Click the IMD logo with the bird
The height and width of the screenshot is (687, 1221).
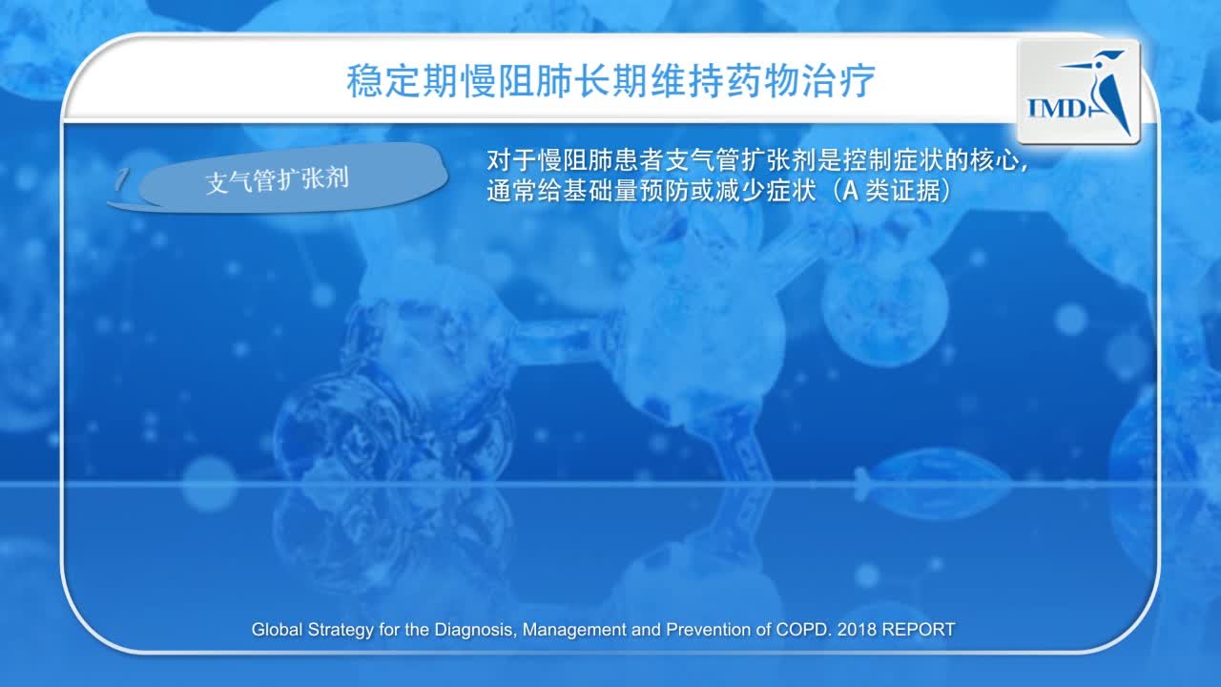(x=1079, y=92)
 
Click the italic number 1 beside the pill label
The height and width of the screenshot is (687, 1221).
(x=120, y=179)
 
